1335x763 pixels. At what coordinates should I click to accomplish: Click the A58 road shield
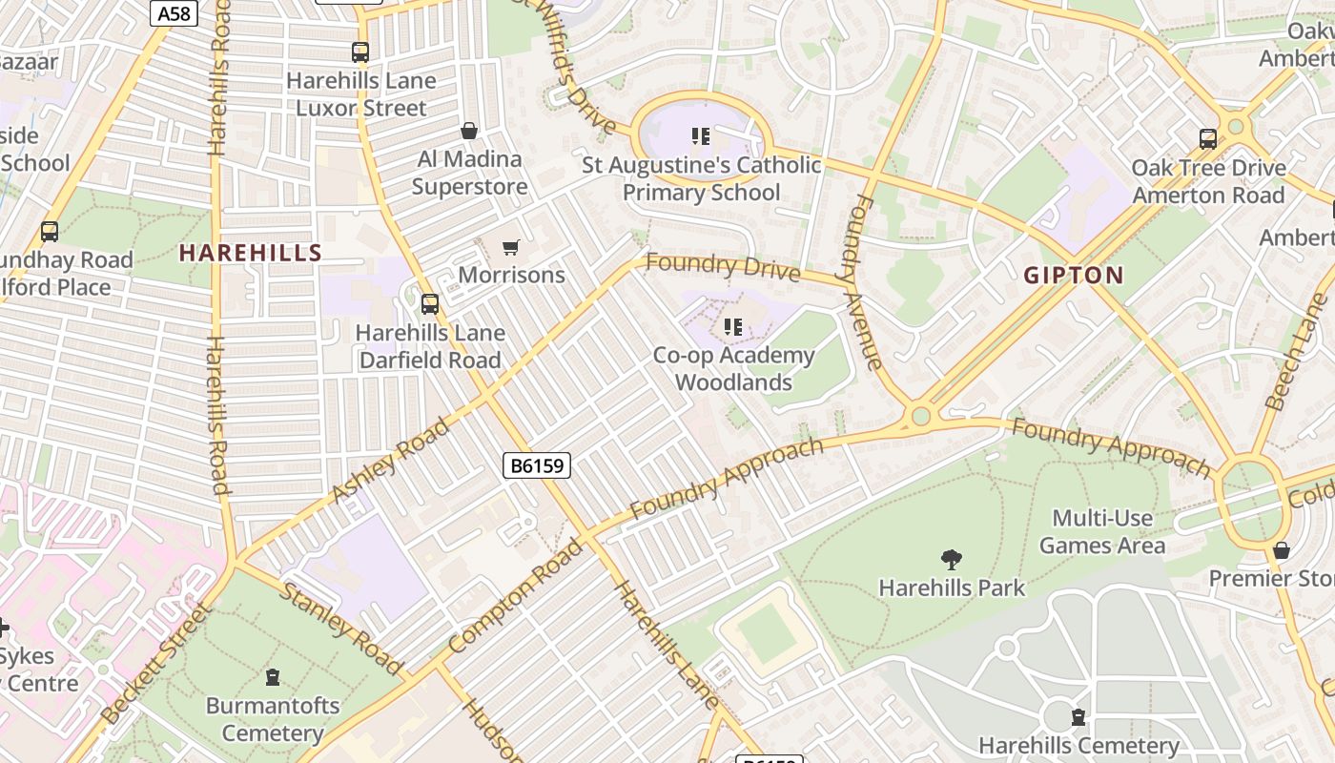click(x=174, y=13)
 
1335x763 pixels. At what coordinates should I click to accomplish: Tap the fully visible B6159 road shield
click(x=536, y=465)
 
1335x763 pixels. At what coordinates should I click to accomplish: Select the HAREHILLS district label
click(x=251, y=253)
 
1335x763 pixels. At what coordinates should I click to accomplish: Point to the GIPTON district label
click(x=1074, y=276)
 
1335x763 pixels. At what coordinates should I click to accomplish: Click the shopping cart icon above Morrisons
click(x=511, y=248)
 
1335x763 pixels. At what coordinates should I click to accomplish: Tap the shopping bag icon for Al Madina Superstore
click(x=468, y=131)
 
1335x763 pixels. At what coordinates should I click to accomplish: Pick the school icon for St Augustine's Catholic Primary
click(x=701, y=136)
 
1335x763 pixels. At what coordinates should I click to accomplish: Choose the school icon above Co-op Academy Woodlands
click(x=732, y=328)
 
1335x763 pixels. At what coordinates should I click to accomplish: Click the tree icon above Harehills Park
click(x=951, y=559)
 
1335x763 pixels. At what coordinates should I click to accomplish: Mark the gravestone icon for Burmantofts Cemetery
click(x=273, y=678)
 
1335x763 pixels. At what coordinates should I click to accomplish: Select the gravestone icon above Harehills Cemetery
click(x=1078, y=716)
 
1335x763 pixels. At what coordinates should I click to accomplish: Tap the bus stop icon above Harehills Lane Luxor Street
click(x=359, y=52)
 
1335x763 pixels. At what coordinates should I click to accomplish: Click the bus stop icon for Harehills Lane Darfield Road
click(x=430, y=304)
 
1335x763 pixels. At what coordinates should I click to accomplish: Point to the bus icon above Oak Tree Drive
click(x=1208, y=139)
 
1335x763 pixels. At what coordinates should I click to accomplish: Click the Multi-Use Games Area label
click(x=1102, y=532)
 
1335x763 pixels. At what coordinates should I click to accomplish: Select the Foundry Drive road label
click(x=723, y=267)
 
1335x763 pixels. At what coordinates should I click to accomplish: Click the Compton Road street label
click(x=515, y=596)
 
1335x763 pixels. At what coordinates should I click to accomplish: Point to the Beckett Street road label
click(x=154, y=664)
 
